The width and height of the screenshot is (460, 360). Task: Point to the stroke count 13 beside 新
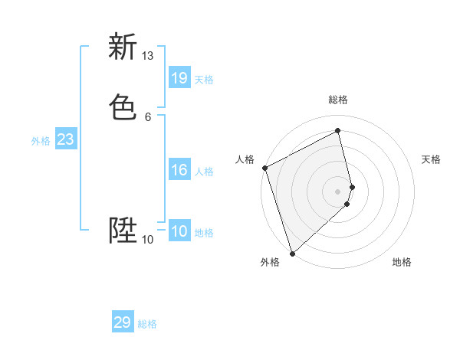148,56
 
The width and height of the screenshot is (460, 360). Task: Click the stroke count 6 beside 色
148,116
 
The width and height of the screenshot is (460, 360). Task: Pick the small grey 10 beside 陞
148,240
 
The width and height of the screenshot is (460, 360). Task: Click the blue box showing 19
179,78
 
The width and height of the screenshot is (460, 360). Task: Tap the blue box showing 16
179,170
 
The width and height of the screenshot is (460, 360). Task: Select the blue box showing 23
65,139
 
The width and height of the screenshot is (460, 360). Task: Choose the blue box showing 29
123,322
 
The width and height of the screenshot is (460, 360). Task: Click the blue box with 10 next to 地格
179,231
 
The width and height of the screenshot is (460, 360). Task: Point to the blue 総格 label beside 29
147,324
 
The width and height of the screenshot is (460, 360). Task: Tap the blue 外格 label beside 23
41,141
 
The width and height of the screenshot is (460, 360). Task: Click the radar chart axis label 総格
338,100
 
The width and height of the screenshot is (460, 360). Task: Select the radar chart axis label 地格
402,262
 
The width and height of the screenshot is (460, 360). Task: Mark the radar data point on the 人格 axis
264,168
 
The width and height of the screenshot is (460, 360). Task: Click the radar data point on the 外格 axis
292,253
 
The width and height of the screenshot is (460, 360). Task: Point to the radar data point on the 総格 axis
338,131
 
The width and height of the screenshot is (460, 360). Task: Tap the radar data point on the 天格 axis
353,186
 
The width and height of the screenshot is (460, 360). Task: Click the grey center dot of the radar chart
338,191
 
